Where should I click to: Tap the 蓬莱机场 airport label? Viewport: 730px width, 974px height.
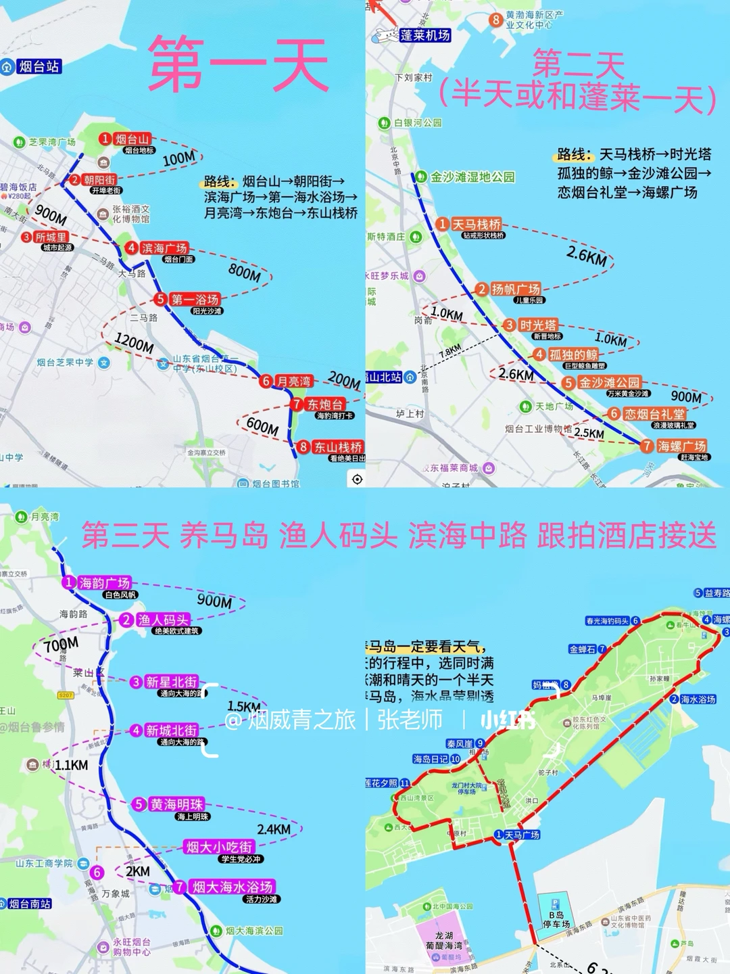pos(424,35)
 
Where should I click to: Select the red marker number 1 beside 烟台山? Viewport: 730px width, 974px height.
pos(105,139)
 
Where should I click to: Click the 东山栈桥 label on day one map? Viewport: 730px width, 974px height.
pos(337,447)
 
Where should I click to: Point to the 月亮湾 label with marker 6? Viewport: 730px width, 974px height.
pos(293,381)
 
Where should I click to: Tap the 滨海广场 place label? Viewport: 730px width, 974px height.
pos(164,248)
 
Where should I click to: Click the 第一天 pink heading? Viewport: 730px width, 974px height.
pos(238,65)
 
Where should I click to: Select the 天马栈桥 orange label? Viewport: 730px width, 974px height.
pos(477,224)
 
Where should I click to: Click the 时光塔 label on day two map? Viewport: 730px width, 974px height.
pos(538,325)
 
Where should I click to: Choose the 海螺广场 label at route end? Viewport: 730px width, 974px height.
pos(681,446)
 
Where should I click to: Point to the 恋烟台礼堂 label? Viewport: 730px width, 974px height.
pos(654,414)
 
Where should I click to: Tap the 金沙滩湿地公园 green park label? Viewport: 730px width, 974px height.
pos(472,177)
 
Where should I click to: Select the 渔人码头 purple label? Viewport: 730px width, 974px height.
pos(163,620)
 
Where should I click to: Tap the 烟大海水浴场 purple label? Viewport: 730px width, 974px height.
pos(232,887)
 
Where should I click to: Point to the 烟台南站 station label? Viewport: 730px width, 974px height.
pos(30,904)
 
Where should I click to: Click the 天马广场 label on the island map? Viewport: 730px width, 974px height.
pos(522,835)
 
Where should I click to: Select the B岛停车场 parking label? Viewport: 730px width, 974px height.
pos(556,919)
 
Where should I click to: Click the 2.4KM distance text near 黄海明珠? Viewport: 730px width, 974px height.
pos(274,829)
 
